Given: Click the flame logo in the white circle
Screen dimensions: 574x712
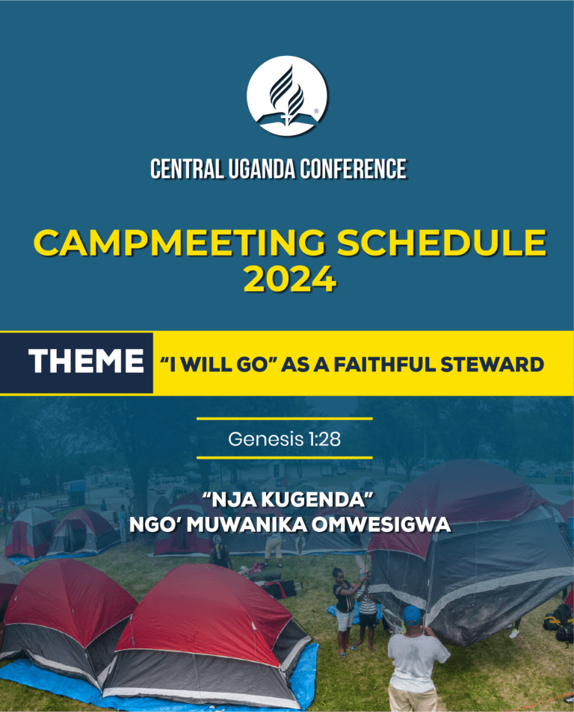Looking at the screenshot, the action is point(287,96).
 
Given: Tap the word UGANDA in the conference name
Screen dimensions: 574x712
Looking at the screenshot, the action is point(262,169).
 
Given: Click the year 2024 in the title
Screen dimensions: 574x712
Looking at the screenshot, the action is point(290,279).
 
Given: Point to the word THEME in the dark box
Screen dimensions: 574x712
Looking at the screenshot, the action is point(86,362).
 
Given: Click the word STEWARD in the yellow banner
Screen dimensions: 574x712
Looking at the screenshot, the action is point(493,365).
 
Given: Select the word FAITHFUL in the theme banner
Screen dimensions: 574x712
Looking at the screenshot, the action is point(385,365).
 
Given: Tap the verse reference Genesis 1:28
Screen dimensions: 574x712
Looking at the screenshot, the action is point(284,439).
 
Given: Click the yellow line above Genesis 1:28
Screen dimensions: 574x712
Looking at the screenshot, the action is point(285,418).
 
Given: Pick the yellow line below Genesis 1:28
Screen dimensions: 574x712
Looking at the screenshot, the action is point(285,458).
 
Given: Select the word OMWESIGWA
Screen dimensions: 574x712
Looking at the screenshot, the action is point(381,525).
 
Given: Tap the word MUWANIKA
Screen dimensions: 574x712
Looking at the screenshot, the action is point(247,525).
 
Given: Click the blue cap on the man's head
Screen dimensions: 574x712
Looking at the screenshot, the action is point(412,616).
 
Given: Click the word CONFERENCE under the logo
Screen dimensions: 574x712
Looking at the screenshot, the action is point(353,169).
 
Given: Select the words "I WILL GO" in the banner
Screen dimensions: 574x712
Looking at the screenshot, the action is point(215,365).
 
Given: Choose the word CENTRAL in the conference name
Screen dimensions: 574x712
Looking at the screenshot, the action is point(187,169).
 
